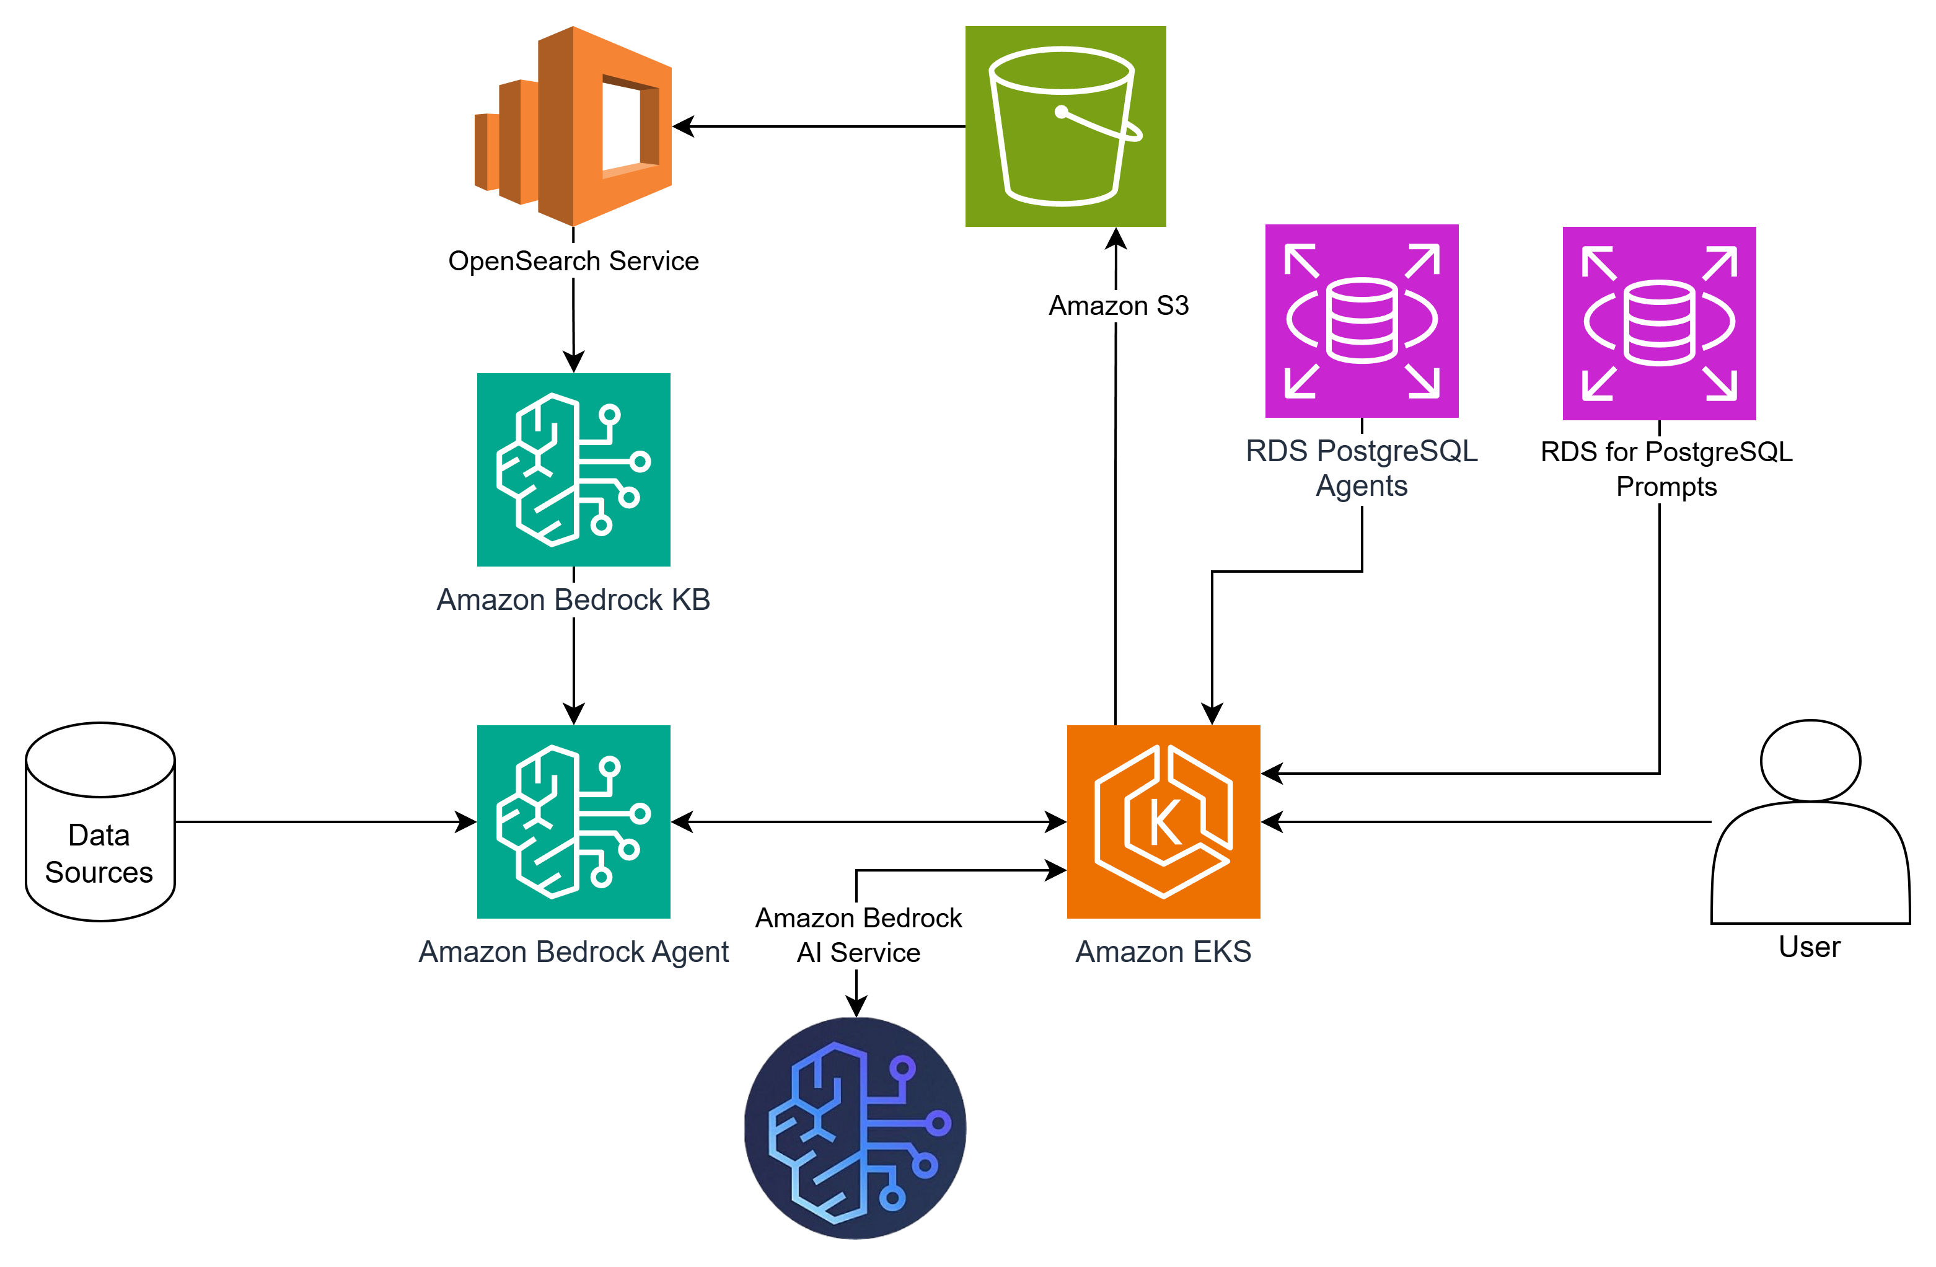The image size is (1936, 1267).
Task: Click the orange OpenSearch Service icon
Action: click(x=573, y=126)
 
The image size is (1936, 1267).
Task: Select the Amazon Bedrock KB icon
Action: click(x=573, y=469)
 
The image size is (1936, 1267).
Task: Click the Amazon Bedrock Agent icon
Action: click(x=573, y=821)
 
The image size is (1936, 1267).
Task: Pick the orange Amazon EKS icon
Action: click(x=1163, y=821)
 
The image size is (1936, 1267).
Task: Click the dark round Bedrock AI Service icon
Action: click(x=855, y=1128)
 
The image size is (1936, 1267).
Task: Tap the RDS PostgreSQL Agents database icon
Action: click(x=1361, y=320)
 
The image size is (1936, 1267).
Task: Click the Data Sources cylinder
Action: click(x=100, y=822)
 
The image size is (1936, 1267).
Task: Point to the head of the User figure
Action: click(x=1810, y=760)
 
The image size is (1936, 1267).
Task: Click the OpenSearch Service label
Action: click(x=573, y=261)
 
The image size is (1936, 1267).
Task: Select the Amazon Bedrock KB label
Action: click(x=573, y=600)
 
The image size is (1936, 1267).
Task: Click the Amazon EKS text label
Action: click(x=1163, y=951)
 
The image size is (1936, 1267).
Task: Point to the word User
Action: click(x=1809, y=947)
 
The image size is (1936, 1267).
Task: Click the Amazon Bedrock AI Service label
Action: click(x=858, y=935)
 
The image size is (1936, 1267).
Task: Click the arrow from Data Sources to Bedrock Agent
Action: click(x=325, y=822)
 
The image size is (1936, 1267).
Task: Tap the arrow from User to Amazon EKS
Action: click(x=1489, y=822)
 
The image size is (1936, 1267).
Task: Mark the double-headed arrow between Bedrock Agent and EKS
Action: click(x=868, y=822)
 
